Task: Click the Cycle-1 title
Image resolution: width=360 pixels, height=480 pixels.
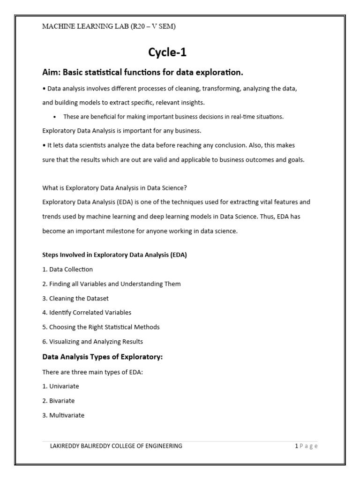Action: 167,53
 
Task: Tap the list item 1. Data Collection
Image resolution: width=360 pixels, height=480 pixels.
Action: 67,270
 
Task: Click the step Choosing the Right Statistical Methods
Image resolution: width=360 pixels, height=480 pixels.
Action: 101,327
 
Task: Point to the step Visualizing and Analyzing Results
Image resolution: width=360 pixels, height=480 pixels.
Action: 92,342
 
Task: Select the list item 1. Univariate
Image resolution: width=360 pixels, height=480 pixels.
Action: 60,387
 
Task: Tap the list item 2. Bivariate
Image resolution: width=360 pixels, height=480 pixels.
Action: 59,401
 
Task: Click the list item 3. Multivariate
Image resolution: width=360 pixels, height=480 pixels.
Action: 63,415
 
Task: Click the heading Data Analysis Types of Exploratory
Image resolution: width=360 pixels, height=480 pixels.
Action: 102,357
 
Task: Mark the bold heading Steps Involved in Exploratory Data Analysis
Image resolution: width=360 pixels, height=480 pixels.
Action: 114,255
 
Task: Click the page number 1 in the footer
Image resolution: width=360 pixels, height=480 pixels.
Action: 296,446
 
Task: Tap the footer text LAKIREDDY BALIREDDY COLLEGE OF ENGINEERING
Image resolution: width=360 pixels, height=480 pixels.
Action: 116,446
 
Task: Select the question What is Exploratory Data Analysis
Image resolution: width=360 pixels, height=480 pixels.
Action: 114,188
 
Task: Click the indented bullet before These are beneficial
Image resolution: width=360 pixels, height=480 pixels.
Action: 55,117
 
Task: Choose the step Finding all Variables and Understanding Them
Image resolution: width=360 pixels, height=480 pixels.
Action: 111,284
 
